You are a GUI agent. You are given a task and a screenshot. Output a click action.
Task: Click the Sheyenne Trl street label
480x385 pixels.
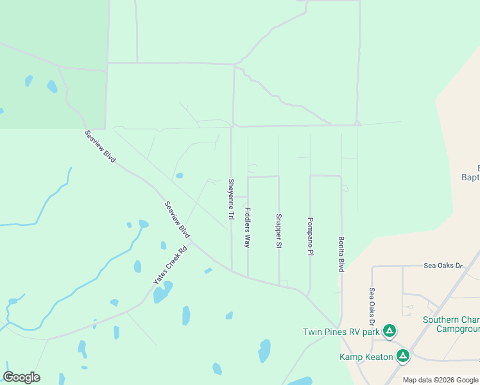tap(231, 199)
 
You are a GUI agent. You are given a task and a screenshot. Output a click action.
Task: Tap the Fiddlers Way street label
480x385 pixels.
tap(247, 227)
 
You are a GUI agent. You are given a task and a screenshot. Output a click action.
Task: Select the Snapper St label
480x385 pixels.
tap(279, 231)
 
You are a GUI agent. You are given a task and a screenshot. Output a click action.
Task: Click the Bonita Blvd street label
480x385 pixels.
tap(341, 253)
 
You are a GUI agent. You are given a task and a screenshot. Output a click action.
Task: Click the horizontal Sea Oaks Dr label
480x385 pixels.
tap(443, 265)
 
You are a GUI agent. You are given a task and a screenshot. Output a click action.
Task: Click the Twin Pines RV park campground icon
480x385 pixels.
tap(389, 332)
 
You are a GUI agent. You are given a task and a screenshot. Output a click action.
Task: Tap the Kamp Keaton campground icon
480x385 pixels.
tap(403, 355)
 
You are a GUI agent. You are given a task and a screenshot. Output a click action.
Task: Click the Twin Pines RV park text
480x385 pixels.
tap(341, 332)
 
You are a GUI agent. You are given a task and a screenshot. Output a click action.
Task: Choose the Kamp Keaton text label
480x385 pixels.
tap(366, 356)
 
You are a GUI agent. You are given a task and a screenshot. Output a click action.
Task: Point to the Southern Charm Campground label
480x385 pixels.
tap(450, 324)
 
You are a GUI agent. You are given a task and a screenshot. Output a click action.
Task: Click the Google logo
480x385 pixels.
tap(21, 377)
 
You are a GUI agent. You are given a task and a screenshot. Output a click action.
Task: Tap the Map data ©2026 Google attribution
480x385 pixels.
tap(440, 380)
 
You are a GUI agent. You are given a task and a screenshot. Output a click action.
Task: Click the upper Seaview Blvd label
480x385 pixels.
tap(99, 146)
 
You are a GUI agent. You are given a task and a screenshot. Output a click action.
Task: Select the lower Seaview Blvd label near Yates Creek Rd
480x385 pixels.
tap(177, 218)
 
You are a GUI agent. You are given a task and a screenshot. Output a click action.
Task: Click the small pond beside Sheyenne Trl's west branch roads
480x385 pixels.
tap(180, 175)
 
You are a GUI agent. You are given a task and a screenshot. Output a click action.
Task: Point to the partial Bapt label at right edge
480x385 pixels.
tap(471, 177)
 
